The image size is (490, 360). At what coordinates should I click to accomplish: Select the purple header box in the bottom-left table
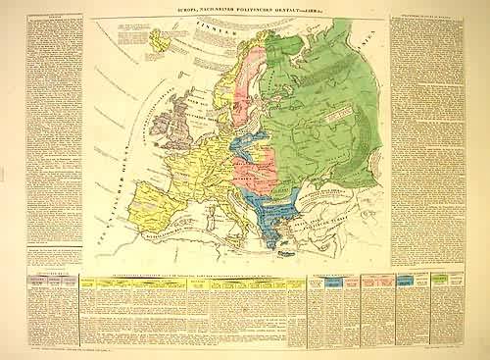(23, 284)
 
